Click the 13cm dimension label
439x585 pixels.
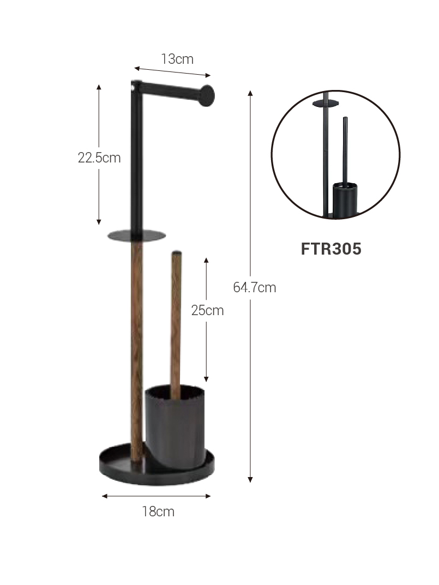click(177, 59)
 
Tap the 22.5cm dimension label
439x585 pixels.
click(99, 158)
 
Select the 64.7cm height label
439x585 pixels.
click(255, 287)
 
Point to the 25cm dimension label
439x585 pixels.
click(208, 310)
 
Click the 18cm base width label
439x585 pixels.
click(158, 511)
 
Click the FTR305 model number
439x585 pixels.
click(331, 249)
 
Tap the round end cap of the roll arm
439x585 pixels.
click(207, 96)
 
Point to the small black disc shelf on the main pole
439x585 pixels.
click(136, 236)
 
